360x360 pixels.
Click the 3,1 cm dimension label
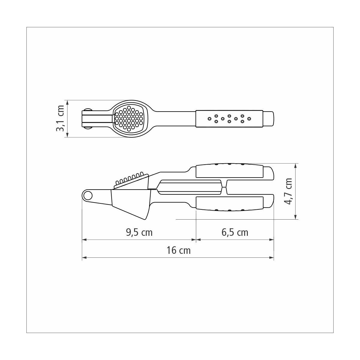click(61, 118)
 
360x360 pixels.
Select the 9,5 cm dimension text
click(139, 233)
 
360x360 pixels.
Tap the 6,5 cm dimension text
click(235, 233)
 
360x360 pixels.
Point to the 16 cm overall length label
click(178, 250)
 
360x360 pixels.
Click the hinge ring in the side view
click(88, 196)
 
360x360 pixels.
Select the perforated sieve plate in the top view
click(129, 118)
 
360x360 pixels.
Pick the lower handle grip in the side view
click(229, 204)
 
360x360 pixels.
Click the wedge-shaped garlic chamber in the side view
click(131, 204)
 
